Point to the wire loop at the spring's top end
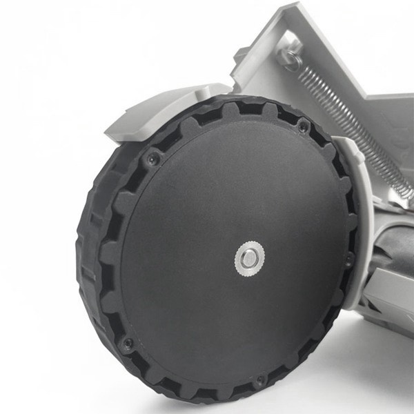coord(294,61)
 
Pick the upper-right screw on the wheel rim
coord(303,126)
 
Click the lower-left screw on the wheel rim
coord(127,342)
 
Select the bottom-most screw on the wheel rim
coord(259,380)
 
